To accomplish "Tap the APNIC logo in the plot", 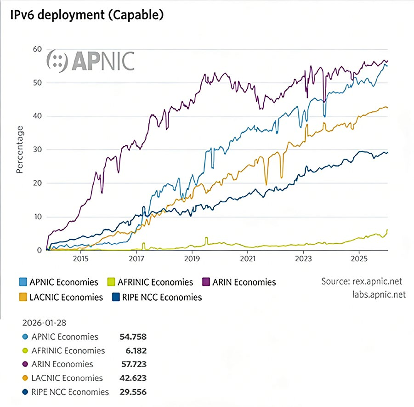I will tap(91, 60).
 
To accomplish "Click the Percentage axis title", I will tap(20, 149).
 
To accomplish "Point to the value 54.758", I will tap(131, 337).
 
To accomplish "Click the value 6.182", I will tap(136, 350).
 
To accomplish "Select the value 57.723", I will tap(131, 364).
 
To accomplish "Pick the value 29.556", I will tap(131, 392).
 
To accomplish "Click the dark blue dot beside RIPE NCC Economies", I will tap(23, 392).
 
